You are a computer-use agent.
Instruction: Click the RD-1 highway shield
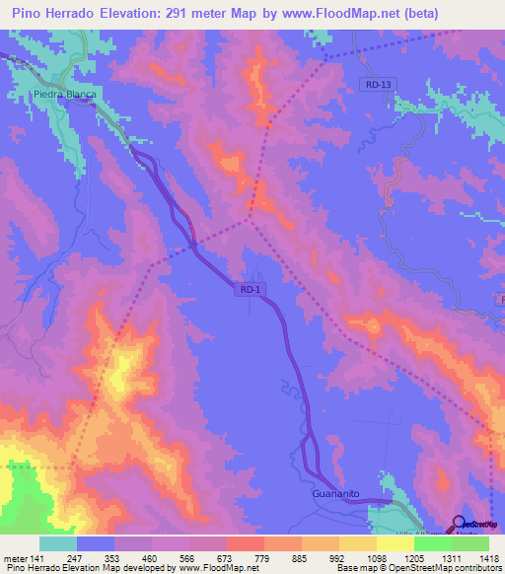[x=251, y=289]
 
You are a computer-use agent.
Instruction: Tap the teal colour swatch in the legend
[x=58, y=542]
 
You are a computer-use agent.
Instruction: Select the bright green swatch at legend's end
[x=469, y=542]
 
